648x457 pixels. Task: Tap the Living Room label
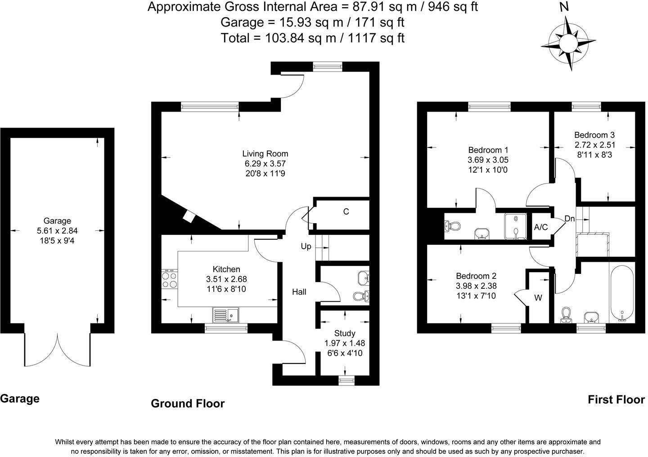pyautogui.click(x=265, y=153)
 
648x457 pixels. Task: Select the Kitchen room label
pyautogui.click(x=226, y=269)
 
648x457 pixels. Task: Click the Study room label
pyautogui.click(x=345, y=333)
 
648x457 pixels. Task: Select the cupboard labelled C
pyautogui.click(x=346, y=211)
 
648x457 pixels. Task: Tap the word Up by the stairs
pyautogui.click(x=306, y=246)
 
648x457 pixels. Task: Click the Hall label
pyautogui.click(x=299, y=292)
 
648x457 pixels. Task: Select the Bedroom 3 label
pyautogui.click(x=594, y=135)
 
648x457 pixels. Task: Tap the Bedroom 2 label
pyautogui.click(x=476, y=276)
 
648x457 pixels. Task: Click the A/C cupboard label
pyautogui.click(x=541, y=227)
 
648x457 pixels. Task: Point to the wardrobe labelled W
pyautogui.click(x=538, y=298)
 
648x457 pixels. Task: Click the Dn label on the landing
pyautogui.click(x=570, y=219)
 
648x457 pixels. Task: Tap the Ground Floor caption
pyautogui.click(x=188, y=403)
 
